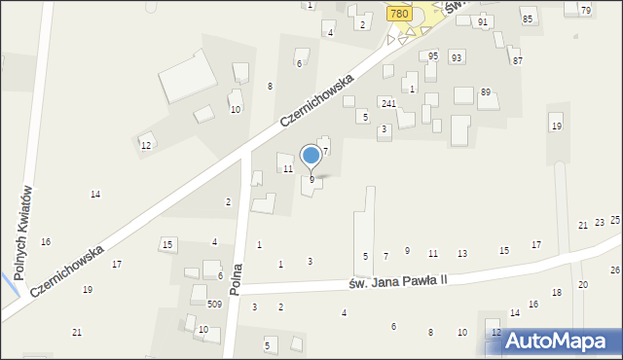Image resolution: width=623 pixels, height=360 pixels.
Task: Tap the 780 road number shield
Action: point(397,13)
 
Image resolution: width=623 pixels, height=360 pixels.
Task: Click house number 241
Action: point(388,103)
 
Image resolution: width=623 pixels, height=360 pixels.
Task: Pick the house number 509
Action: point(214,305)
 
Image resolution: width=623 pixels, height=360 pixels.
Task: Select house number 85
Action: point(528,19)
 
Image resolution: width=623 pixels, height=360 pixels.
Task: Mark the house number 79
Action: point(585,10)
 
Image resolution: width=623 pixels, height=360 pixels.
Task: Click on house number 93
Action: point(457,57)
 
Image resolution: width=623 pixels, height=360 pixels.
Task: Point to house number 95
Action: point(433,56)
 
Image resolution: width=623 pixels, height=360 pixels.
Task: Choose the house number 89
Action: point(486,92)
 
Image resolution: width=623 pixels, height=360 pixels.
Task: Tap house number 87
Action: point(518,60)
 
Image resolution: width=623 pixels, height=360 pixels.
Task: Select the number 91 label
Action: point(483,21)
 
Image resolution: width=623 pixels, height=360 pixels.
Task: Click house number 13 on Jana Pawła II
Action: point(462,253)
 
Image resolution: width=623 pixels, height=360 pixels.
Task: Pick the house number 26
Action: point(615,270)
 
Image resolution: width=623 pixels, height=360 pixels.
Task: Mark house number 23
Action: point(600,223)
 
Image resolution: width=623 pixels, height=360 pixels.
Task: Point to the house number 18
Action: point(557,292)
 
